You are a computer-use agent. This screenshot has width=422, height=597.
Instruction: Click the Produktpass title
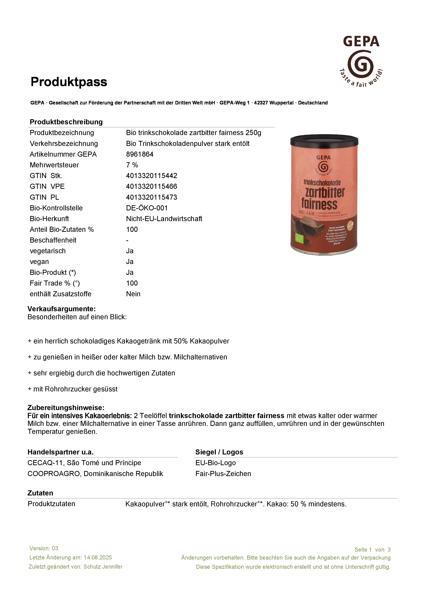click(69, 82)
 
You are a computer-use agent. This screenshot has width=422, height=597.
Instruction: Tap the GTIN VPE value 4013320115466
click(151, 186)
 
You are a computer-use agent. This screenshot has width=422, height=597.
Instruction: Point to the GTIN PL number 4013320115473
click(151, 197)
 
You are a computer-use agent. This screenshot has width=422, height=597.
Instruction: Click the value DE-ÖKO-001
click(147, 208)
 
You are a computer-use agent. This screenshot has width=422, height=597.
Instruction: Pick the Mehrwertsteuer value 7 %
click(132, 165)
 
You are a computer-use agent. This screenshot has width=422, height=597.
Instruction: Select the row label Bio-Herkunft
click(49, 219)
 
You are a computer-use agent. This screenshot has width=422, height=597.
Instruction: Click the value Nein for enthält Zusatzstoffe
click(133, 294)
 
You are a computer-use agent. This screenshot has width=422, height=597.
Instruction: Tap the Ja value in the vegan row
click(130, 262)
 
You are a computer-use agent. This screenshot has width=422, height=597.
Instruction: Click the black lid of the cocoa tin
click(324, 141)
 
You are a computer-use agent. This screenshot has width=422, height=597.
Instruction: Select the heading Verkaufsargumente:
click(62, 309)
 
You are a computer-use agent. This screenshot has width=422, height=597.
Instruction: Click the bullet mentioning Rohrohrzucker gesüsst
click(73, 389)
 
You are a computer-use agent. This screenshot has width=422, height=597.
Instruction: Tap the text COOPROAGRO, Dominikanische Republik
click(95, 474)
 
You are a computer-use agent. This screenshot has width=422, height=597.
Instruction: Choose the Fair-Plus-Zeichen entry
click(223, 474)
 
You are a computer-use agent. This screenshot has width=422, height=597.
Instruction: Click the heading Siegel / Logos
click(219, 452)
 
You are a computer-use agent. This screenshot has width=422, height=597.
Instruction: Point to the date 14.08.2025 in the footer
click(98, 558)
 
